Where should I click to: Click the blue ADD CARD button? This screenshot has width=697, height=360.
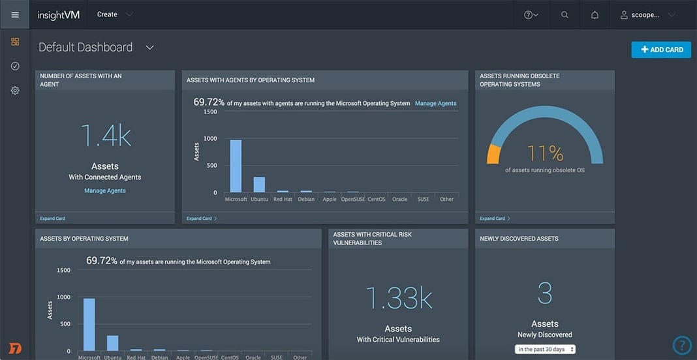click(x=661, y=50)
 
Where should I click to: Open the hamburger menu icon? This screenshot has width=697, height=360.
click(x=15, y=14)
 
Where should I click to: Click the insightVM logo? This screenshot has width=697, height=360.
click(x=59, y=15)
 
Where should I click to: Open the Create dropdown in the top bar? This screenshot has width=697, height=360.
click(x=114, y=14)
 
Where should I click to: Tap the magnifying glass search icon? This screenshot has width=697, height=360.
click(x=565, y=15)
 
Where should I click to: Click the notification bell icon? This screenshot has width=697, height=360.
click(x=595, y=15)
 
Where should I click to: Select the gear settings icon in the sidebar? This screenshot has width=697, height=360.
click(x=15, y=91)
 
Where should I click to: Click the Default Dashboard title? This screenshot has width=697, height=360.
click(x=85, y=48)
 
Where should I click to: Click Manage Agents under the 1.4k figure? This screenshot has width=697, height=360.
click(x=105, y=190)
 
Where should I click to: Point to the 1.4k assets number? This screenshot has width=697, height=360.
click(x=105, y=136)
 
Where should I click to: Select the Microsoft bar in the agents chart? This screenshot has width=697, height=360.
click(x=236, y=166)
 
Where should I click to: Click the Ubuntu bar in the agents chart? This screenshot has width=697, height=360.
click(x=259, y=185)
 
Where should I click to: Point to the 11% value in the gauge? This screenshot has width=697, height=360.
click(x=545, y=153)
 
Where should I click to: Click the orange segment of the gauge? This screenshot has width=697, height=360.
click(x=493, y=154)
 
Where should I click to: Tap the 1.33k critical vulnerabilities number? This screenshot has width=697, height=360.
click(x=398, y=298)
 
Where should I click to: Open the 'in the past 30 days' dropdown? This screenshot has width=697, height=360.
click(x=545, y=350)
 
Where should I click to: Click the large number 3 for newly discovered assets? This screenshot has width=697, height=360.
click(x=545, y=294)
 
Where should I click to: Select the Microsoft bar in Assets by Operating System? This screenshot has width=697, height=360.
click(x=89, y=325)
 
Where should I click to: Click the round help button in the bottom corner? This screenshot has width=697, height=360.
click(x=681, y=345)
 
